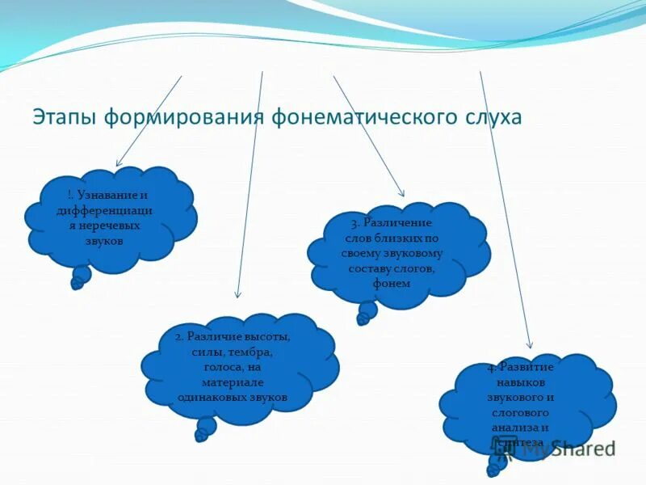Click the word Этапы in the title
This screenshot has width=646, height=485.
point(63,117)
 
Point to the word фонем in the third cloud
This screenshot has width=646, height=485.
point(392,283)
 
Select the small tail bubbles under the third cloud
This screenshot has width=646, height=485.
point(365,313)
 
